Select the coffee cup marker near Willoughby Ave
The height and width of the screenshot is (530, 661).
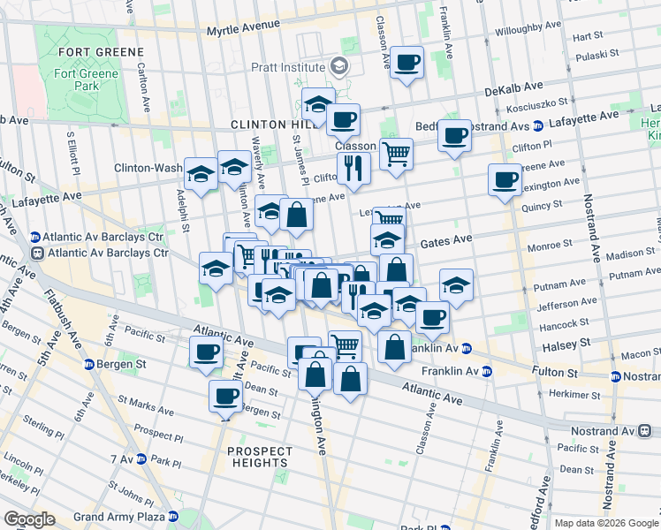(x=406, y=63)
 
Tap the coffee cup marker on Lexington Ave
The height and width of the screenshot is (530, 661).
(x=505, y=179)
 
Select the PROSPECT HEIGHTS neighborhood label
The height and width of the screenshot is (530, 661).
(x=259, y=456)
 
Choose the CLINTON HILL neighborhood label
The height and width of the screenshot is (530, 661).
(x=266, y=125)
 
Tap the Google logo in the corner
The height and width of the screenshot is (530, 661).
(x=28, y=519)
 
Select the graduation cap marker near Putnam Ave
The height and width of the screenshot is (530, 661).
(x=456, y=284)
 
